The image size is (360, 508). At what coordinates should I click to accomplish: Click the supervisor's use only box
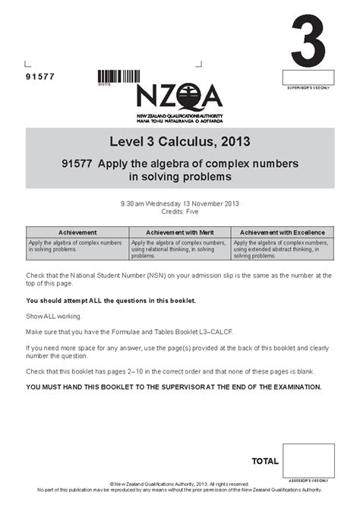click(x=308, y=77)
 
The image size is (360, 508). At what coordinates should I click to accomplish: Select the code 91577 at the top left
click(x=40, y=77)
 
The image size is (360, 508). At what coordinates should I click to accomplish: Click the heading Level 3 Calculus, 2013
click(x=179, y=141)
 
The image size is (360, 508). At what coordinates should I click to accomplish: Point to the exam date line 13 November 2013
click(x=179, y=203)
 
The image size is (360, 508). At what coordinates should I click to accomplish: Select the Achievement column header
click(x=77, y=232)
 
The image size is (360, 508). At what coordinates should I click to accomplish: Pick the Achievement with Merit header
click(x=179, y=232)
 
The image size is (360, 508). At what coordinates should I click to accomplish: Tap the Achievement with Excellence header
click(x=282, y=232)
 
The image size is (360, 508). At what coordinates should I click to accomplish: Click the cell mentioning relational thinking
click(x=179, y=248)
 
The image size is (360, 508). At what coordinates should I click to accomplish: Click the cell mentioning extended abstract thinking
click(x=282, y=248)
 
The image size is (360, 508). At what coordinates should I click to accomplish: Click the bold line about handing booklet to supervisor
click(x=174, y=387)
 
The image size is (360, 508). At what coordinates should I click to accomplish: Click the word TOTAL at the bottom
click(x=265, y=461)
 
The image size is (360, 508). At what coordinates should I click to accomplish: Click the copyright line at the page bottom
click(x=179, y=483)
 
